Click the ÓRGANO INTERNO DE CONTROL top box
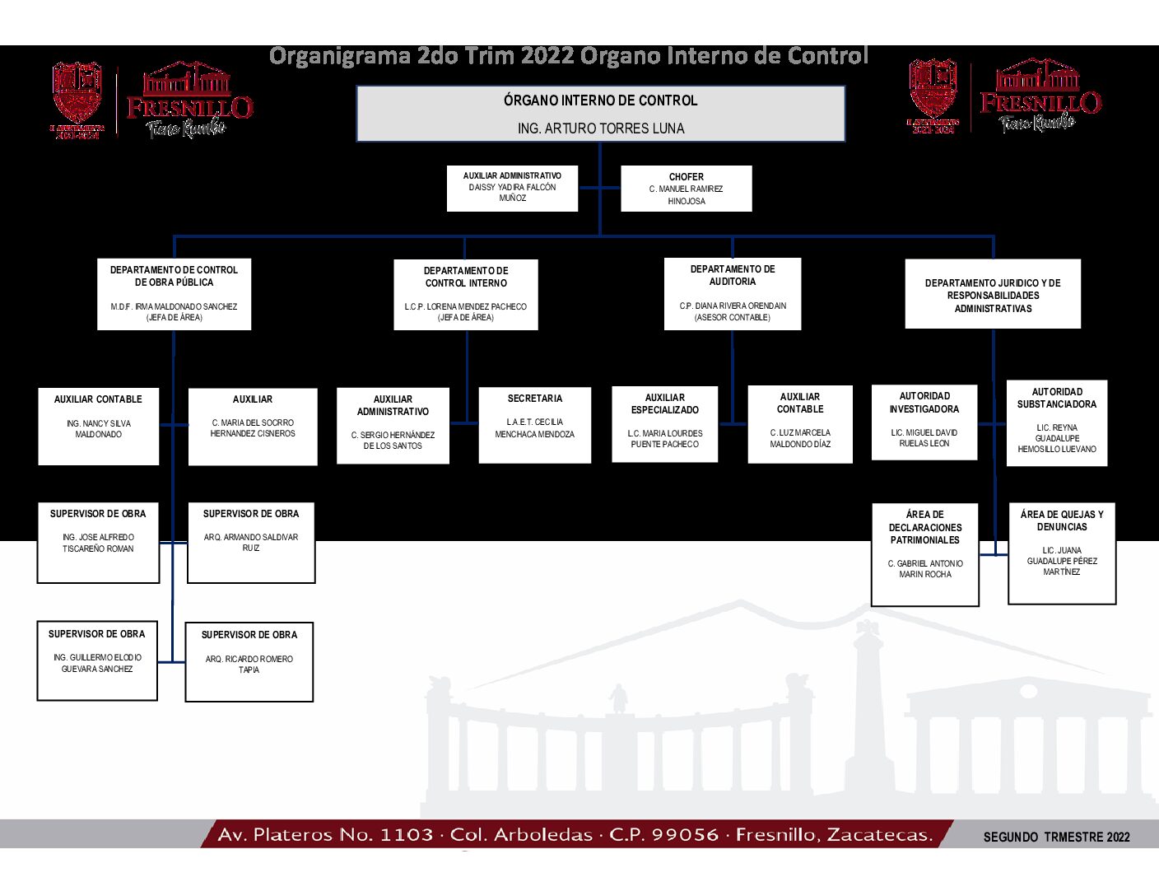click(x=600, y=113)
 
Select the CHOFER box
click(x=686, y=189)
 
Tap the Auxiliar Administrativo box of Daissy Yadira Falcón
click(x=512, y=188)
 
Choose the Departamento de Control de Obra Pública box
click(x=174, y=294)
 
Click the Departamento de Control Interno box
click(x=466, y=294)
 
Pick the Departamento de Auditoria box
click(x=733, y=293)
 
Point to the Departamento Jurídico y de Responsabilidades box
click(x=993, y=295)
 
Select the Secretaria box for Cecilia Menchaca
click(x=534, y=425)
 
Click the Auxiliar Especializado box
click(x=665, y=424)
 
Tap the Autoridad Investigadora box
click(x=924, y=422)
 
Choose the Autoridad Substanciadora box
click(x=1057, y=422)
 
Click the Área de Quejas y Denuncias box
click(x=1062, y=553)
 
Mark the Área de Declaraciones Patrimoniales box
click(x=925, y=554)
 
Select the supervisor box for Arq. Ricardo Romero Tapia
click(x=249, y=662)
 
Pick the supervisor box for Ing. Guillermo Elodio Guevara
click(x=97, y=660)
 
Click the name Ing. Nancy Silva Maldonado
click(x=99, y=429)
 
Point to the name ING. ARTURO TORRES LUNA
click(x=601, y=128)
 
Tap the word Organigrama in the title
click(x=340, y=56)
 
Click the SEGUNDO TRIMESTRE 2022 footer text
click(x=1056, y=837)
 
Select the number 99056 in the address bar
click(x=685, y=835)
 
